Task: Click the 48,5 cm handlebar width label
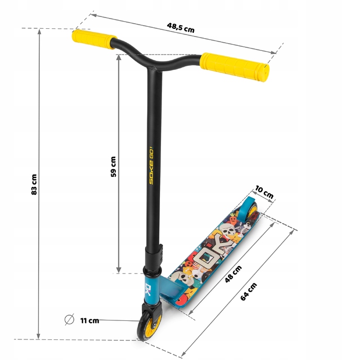coord(181,28)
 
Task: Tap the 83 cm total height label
coord(34,184)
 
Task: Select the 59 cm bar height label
coord(113,167)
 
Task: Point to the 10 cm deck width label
coord(264,192)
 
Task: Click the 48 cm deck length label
coord(233,274)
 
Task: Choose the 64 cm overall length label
coord(248,292)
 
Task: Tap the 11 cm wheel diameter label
coord(89,320)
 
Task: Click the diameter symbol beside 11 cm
coord(69,319)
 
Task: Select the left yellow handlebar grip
coord(94,39)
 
